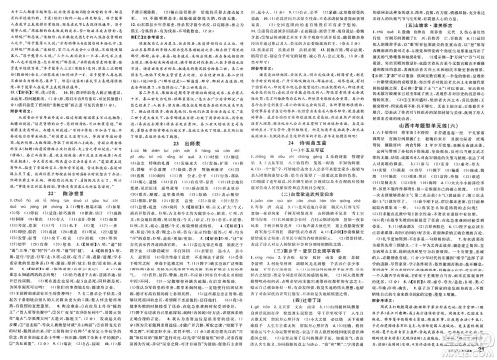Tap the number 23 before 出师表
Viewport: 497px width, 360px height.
173,145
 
